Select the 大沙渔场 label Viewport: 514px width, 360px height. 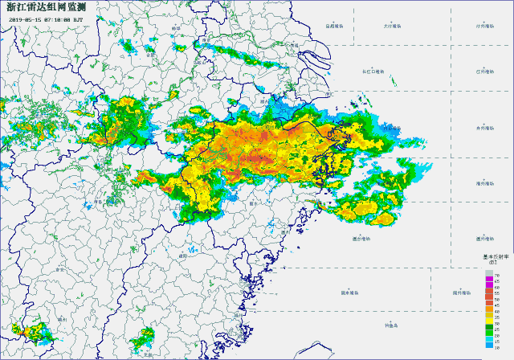pos(393,26)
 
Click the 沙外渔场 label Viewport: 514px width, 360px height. pos(484,26)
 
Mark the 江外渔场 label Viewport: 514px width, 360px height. pos(484,72)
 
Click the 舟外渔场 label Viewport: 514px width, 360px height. pos(484,127)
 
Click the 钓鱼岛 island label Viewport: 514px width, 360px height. pos(391,325)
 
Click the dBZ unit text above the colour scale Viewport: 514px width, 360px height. pos(492,262)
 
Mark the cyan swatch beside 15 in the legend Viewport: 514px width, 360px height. pos(487,341)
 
